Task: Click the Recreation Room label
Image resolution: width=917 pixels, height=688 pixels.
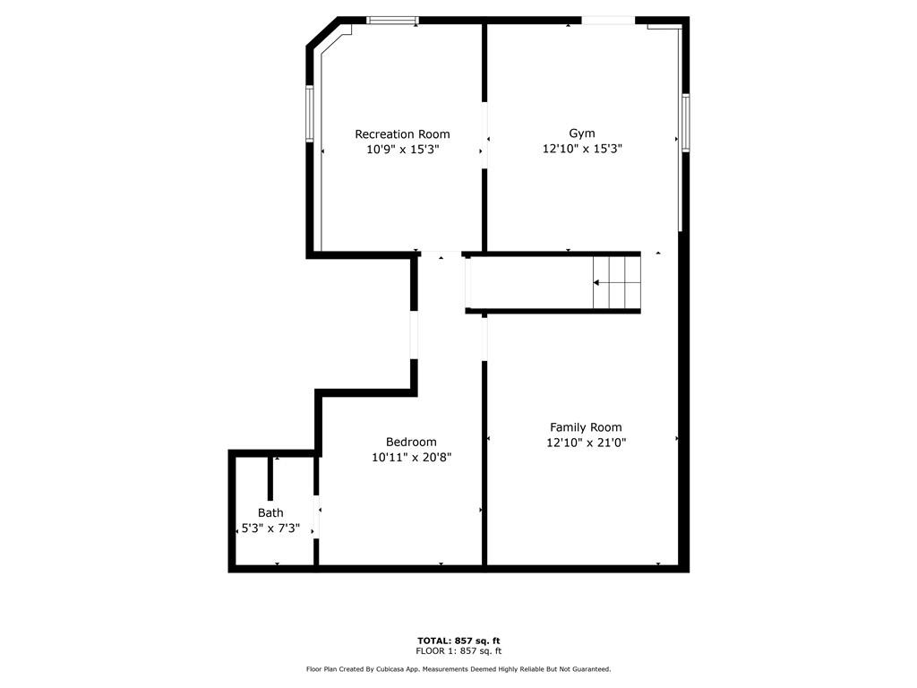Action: click(x=402, y=134)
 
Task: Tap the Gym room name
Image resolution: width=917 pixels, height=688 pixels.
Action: click(x=582, y=133)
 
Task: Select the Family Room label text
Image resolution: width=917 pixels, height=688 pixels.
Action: click(x=586, y=427)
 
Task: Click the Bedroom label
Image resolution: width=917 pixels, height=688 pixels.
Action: click(x=411, y=442)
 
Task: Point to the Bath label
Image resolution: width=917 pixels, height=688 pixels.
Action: click(x=270, y=512)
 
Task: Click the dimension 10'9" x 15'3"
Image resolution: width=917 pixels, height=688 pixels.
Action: click(x=402, y=150)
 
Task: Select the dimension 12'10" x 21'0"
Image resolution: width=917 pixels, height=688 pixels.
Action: click(x=586, y=443)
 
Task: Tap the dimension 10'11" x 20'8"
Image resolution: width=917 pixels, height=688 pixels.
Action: click(x=411, y=457)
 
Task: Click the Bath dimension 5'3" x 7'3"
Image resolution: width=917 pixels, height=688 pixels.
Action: click(x=270, y=529)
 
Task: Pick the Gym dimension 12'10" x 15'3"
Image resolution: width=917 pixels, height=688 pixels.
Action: click(x=582, y=150)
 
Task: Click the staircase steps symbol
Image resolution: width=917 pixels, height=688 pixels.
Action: click(x=617, y=282)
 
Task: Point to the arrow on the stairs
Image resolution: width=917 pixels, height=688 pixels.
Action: click(x=597, y=282)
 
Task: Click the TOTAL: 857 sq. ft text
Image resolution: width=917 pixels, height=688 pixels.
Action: click(x=458, y=641)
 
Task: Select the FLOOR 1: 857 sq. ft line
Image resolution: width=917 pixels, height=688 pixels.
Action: click(x=458, y=651)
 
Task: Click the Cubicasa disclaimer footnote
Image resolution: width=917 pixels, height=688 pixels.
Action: click(x=458, y=669)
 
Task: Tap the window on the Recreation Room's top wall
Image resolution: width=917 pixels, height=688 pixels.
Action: click(x=393, y=20)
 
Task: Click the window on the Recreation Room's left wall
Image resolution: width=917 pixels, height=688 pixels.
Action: click(x=310, y=114)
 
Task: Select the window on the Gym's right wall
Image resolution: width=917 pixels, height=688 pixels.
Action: click(x=685, y=123)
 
